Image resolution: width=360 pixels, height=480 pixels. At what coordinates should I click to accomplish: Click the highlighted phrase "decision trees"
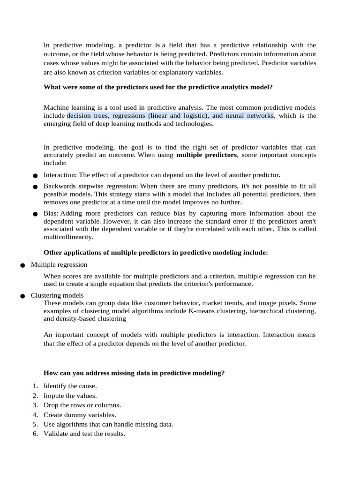[x=86, y=116]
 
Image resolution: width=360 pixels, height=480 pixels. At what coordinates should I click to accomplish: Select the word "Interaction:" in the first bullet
[x=60, y=175]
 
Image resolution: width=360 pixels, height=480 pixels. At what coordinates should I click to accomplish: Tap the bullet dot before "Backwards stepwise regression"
[x=35, y=187]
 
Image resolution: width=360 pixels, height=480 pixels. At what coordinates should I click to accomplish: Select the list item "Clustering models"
[x=57, y=295]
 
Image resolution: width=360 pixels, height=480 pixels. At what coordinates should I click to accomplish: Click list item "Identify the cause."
[x=70, y=386]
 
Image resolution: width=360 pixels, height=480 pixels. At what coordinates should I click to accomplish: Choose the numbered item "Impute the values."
[x=70, y=396]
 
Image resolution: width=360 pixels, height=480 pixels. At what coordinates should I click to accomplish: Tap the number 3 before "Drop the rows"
[x=35, y=405]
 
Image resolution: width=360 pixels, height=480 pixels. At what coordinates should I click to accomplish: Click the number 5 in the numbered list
[x=35, y=425]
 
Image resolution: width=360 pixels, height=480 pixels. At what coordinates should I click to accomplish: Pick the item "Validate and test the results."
[x=84, y=434]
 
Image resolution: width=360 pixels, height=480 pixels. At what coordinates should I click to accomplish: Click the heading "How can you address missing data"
[x=134, y=373]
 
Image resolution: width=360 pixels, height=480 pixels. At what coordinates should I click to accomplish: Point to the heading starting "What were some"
[x=158, y=87]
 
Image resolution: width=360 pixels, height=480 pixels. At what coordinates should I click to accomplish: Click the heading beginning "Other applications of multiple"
[x=156, y=253]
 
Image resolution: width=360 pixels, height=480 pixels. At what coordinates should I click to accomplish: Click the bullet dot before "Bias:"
[x=35, y=214]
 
